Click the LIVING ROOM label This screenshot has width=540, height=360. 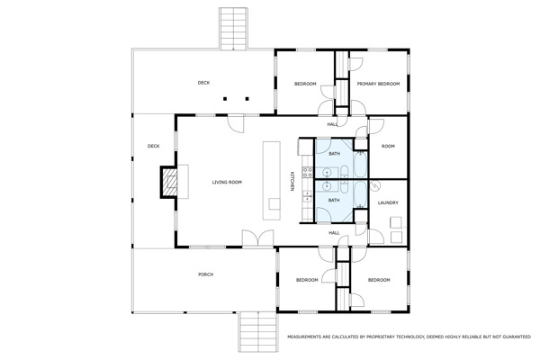coord(227,182)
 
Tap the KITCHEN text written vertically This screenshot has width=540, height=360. coord(292,181)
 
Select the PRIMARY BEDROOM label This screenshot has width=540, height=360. coord(378,84)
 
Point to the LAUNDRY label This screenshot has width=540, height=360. coord(388,202)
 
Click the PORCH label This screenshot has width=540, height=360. coord(205,274)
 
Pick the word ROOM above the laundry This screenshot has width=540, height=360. coord(388,146)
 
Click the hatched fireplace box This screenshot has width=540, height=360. coord(170,182)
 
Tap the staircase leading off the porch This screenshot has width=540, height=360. coord(258,331)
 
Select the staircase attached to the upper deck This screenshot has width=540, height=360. coord(233,29)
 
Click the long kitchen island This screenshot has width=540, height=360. coord(272,181)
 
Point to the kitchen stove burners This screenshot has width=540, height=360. coord(307,172)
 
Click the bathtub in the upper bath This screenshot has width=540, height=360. coord(360,165)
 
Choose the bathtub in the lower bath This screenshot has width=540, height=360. coord(360,194)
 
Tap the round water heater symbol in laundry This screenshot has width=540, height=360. coord(375,185)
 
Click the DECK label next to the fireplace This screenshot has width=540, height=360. coord(153,146)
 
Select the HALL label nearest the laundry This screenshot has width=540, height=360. coord(334,233)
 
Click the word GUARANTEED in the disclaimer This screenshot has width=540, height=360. coord(515,337)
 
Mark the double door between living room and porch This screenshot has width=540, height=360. coord(258,238)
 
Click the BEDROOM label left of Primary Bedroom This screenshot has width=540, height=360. coord(305,84)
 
